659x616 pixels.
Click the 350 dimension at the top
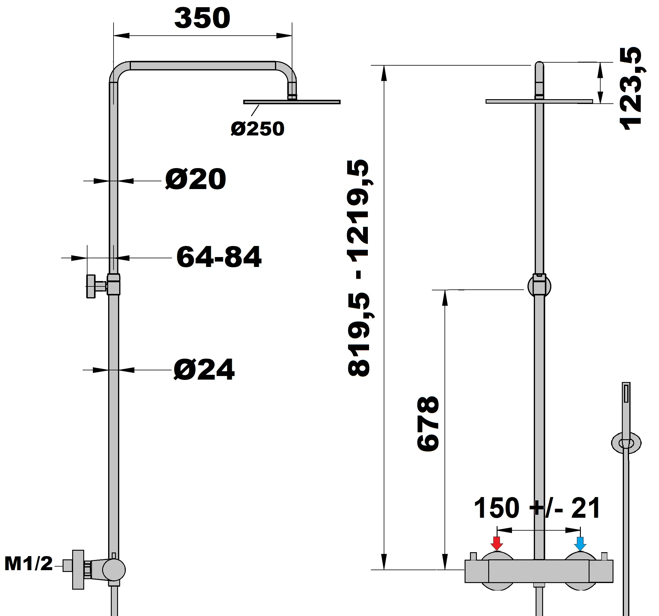tap(202, 18)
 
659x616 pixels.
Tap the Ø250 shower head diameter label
tap(258, 129)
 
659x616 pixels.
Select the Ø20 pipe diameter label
tap(196, 179)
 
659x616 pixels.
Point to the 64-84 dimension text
tap(219, 257)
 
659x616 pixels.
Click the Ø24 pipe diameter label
tap(204, 369)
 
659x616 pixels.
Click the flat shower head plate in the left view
tap(292, 102)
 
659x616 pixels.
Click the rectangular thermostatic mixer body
tap(539, 571)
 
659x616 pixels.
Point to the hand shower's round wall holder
tap(626, 443)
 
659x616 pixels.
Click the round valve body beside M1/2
tap(114, 570)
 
